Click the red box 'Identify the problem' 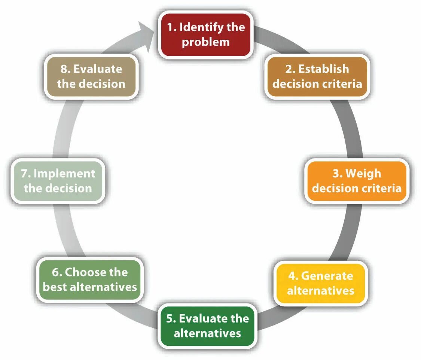click(205, 34)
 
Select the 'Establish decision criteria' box click(317, 76)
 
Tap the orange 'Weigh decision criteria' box click(357, 181)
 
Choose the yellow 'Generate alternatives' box click(321, 283)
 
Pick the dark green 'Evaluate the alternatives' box click(207, 326)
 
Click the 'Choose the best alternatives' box click(90, 279)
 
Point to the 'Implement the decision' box click(58, 181)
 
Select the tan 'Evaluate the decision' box click(91, 76)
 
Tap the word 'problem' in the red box click(205, 42)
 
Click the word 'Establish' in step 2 click(323, 69)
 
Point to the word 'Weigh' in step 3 click(363, 173)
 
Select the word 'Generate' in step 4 click(327, 276)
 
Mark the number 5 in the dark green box click(170, 318)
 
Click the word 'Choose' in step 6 click(85, 272)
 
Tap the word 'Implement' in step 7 click(64, 173)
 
